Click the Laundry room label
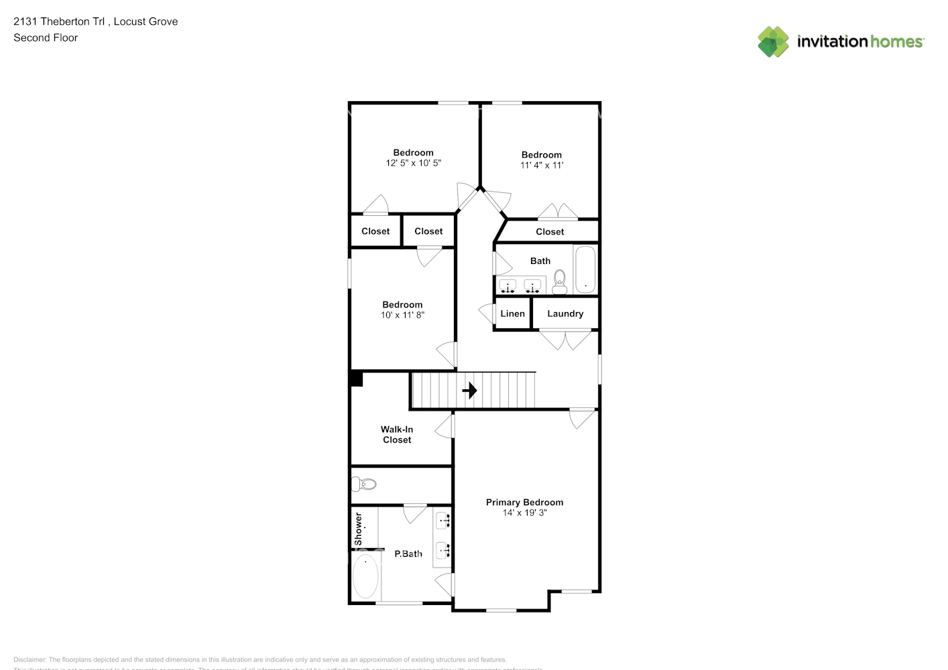click(x=565, y=314)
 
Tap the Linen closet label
click(x=512, y=314)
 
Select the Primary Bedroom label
click(x=524, y=503)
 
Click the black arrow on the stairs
click(x=469, y=390)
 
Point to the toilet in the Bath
click(x=560, y=281)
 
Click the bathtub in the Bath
click(x=585, y=269)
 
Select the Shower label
click(x=358, y=529)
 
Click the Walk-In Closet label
click(x=397, y=435)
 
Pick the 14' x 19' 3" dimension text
click(x=524, y=513)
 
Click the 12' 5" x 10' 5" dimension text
click(x=413, y=163)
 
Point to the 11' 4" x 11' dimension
click(x=542, y=165)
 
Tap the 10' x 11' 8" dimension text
click(x=402, y=315)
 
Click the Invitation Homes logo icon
click(x=773, y=42)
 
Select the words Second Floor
click(x=46, y=38)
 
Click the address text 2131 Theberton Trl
click(x=59, y=21)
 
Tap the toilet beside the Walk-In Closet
click(x=364, y=484)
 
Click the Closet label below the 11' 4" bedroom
click(x=550, y=232)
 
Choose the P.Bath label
click(x=408, y=554)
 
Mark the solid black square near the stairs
click(x=356, y=379)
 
